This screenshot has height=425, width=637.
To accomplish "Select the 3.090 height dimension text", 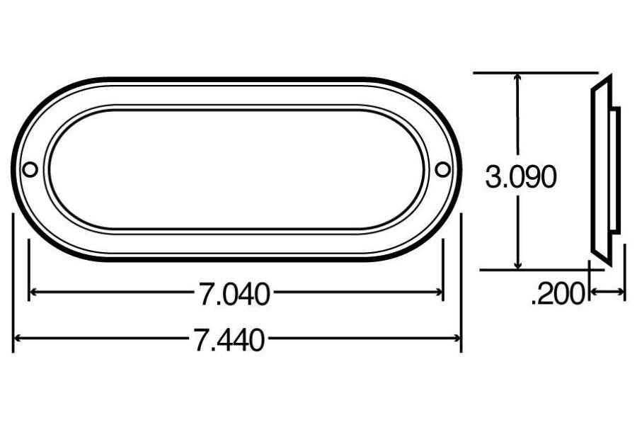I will point(520,177).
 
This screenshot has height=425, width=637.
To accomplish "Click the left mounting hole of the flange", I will point(30,169).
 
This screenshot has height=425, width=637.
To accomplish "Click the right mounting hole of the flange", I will point(442,169).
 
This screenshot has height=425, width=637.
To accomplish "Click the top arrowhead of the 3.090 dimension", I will point(519,77).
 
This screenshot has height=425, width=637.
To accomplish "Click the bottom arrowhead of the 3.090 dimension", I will point(519,264).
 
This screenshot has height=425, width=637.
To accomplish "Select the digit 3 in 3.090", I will point(493,177).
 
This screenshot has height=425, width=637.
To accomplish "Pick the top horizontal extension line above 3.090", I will point(538,72).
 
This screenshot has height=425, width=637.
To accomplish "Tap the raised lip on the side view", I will point(616,170).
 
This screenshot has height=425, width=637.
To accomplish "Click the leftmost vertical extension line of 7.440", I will point(13,283).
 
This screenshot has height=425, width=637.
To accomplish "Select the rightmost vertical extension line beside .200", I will point(625,273).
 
